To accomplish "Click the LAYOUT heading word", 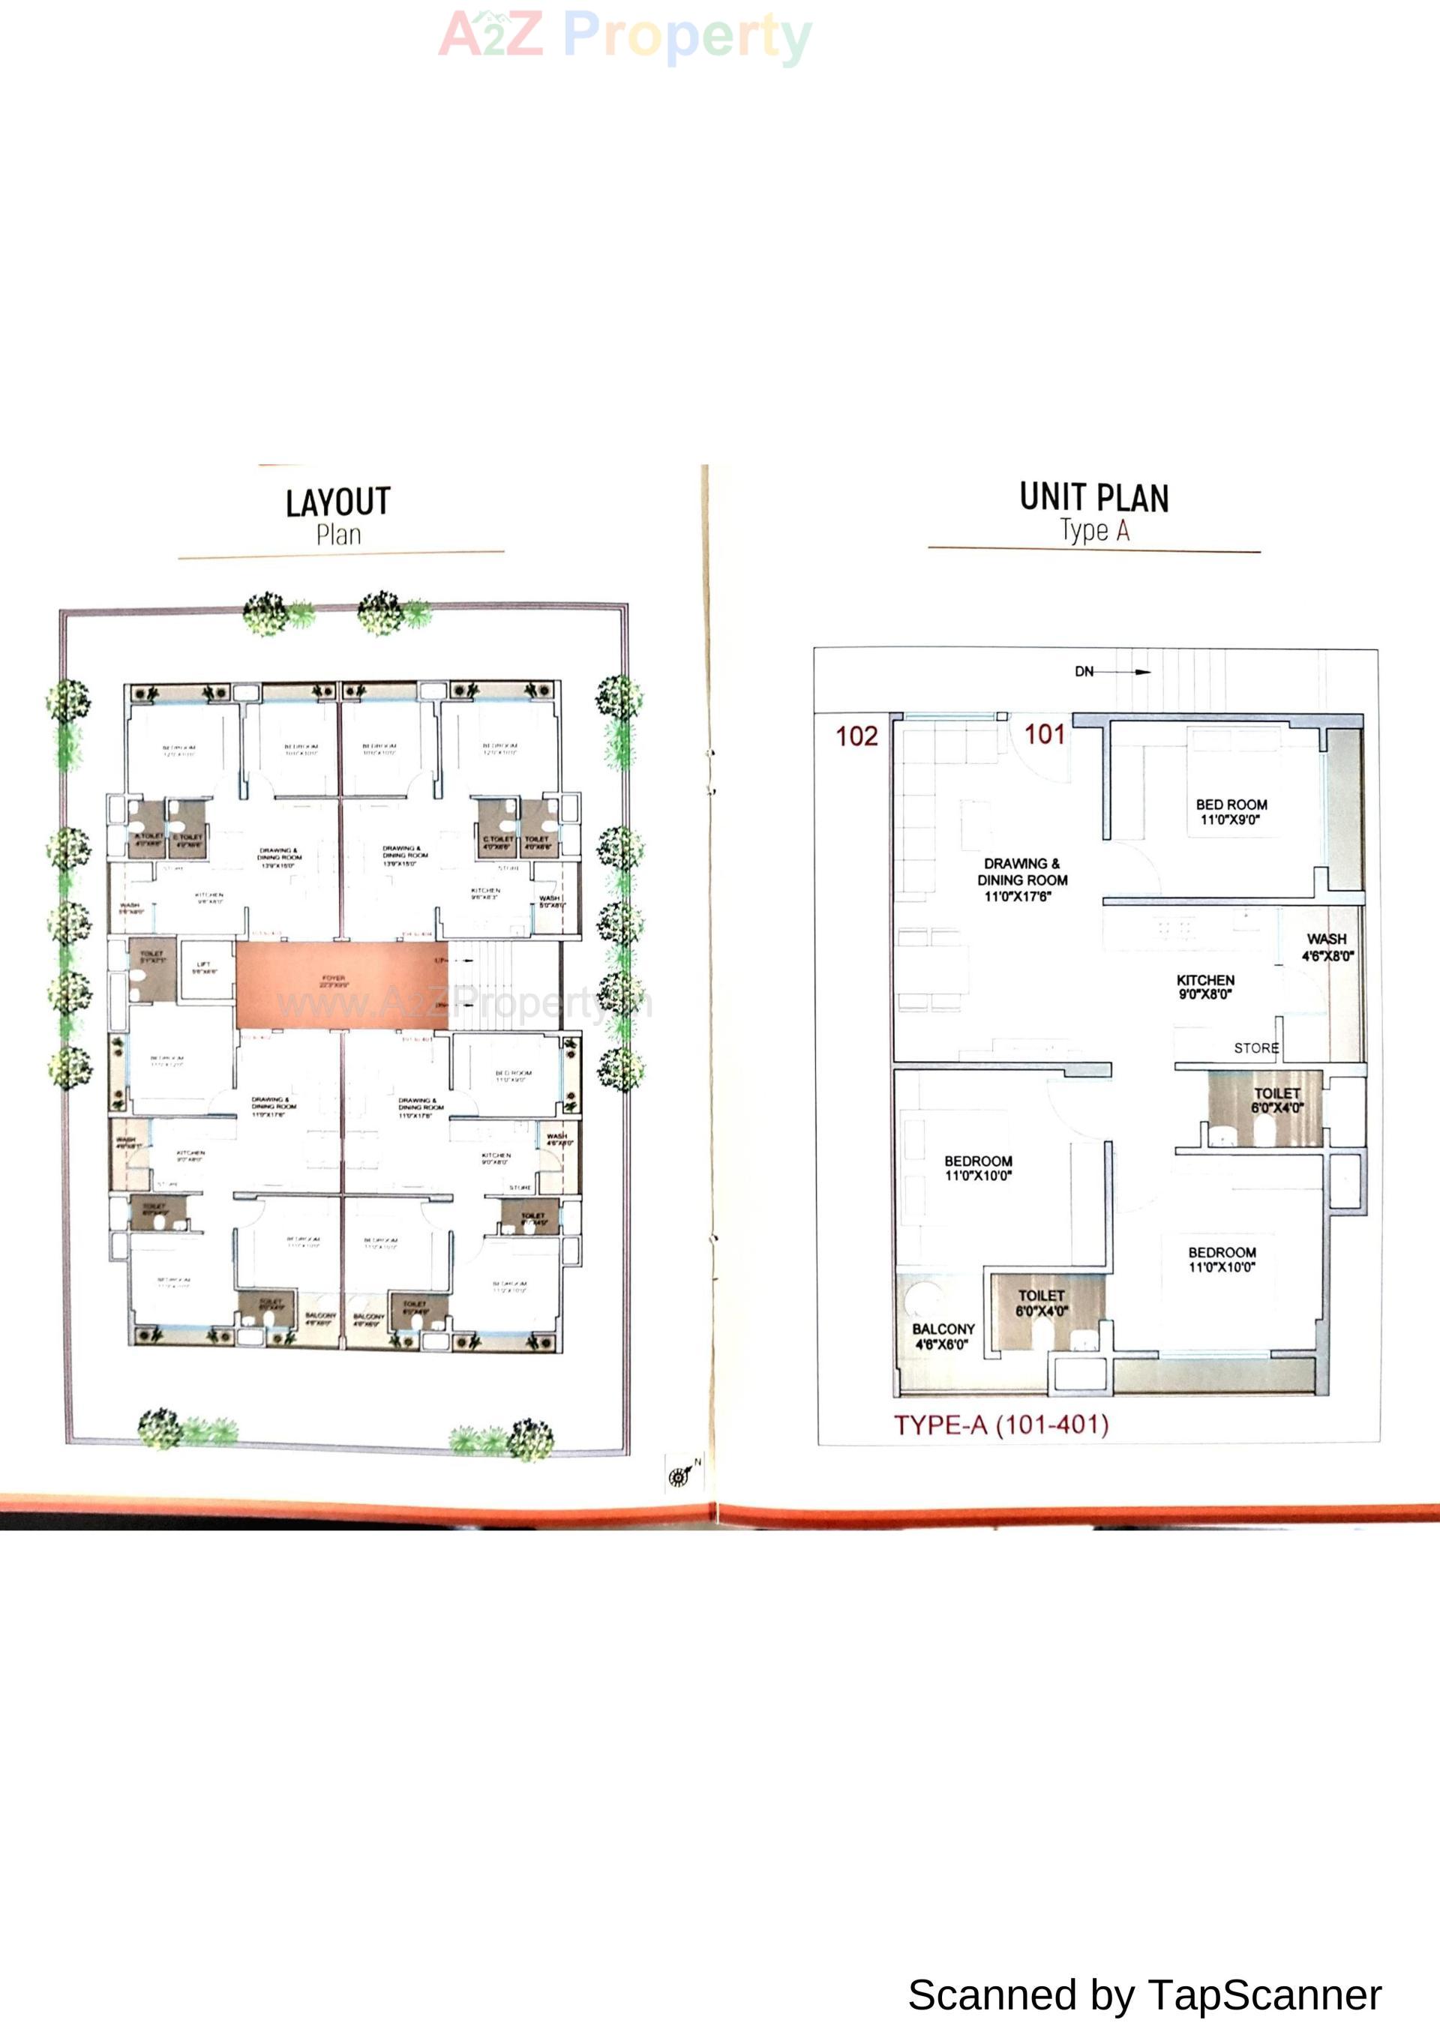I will tap(337, 502).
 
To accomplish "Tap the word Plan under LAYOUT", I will tap(338, 535).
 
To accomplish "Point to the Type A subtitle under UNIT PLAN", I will tap(1095, 531).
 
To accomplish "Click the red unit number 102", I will tap(856, 736).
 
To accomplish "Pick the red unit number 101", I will tap(1044, 734).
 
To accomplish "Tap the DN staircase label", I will tap(1084, 672).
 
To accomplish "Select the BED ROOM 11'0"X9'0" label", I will tap(1231, 812).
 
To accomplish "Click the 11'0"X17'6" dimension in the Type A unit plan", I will tap(1018, 897).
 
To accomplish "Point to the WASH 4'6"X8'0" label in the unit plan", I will tap(1327, 947).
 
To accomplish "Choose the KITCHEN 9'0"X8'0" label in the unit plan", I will tap(1204, 986).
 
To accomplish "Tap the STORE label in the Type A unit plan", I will tap(1256, 1048).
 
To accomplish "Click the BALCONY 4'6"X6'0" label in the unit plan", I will tap(943, 1337).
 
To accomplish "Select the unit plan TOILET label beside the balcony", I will tap(1042, 1303).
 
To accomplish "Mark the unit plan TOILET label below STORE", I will tap(1276, 1101).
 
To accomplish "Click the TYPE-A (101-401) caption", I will tap(1000, 1425).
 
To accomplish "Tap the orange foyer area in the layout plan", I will tap(342, 985).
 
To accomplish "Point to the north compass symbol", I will tap(679, 1476).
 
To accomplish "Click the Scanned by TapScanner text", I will tap(1144, 1995).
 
